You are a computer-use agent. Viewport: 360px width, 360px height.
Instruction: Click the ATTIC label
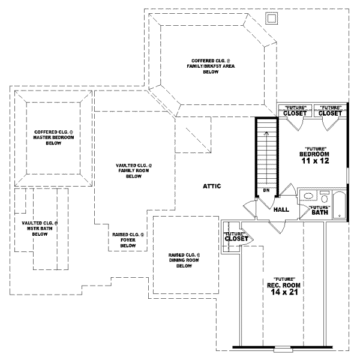pos(212,187)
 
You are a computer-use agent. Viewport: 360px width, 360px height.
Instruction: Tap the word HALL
pos(281,210)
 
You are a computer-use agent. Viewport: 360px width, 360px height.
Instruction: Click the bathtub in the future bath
pos(338,205)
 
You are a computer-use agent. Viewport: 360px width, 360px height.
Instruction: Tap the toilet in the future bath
pos(324,198)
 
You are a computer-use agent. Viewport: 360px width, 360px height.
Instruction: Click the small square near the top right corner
pos(272,19)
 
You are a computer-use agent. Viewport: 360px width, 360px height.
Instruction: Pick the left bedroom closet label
pos(295,113)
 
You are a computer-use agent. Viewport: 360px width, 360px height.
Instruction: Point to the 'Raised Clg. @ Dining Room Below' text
pos(184,260)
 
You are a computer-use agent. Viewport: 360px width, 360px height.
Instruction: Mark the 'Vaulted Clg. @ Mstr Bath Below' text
pos(40,228)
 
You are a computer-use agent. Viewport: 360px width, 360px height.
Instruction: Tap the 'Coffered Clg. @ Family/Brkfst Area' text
pos(210,65)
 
